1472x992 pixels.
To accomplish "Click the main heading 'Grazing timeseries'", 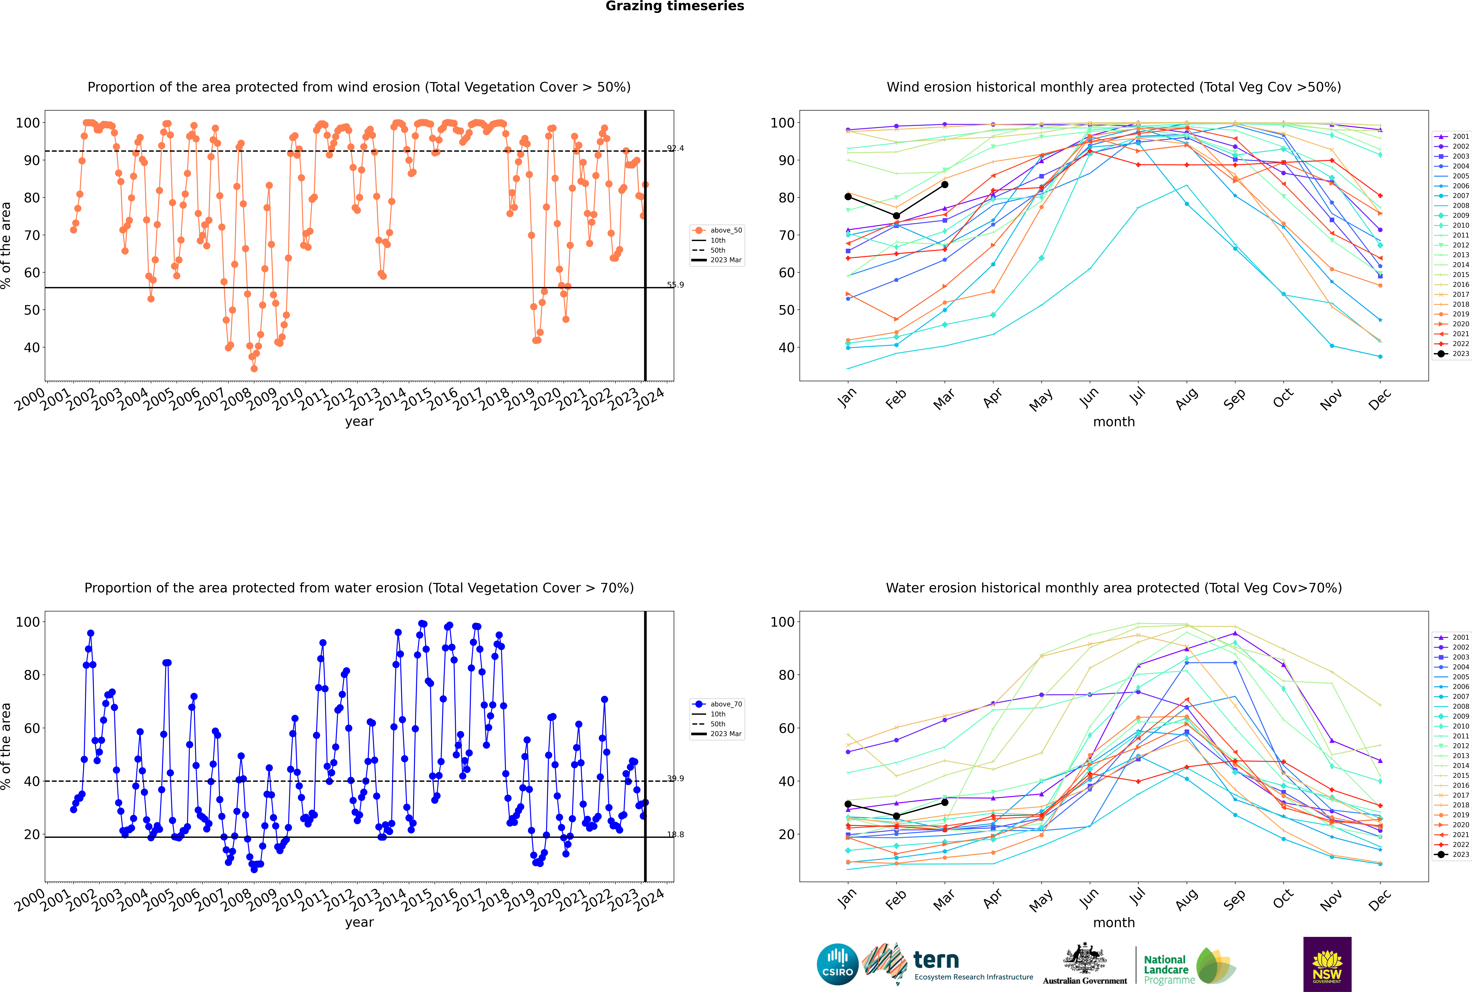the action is coord(675,6).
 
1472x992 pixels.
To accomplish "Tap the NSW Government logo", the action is coord(1327,964).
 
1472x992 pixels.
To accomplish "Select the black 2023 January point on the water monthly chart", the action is coord(848,804).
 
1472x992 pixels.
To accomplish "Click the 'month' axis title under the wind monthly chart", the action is coord(1114,422).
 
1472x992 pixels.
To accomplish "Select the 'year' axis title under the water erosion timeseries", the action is coord(359,922).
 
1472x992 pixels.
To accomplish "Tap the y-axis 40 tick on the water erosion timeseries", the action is coord(32,781).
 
